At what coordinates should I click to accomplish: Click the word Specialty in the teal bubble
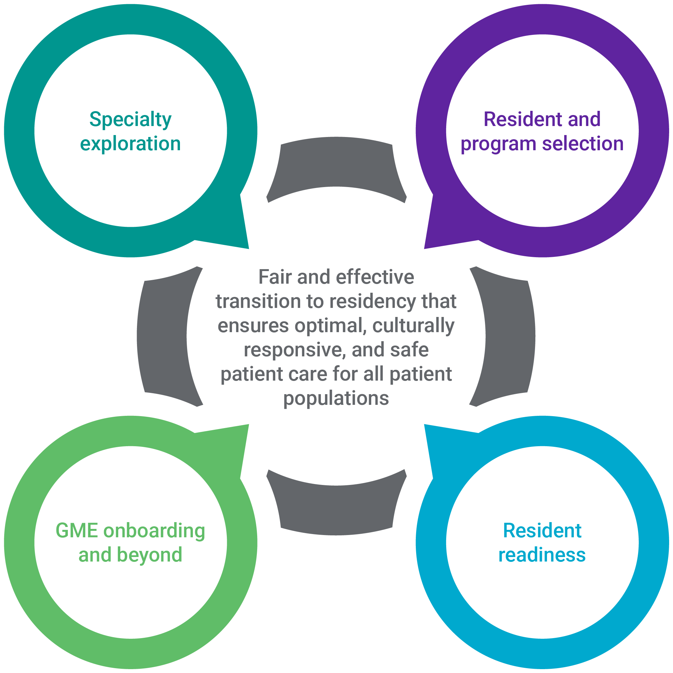pos(130,120)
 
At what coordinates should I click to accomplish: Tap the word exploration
pos(130,143)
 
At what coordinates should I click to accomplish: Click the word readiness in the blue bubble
pos(542,554)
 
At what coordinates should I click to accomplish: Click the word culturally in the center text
pos(413,326)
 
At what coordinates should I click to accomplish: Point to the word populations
pos(336,398)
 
